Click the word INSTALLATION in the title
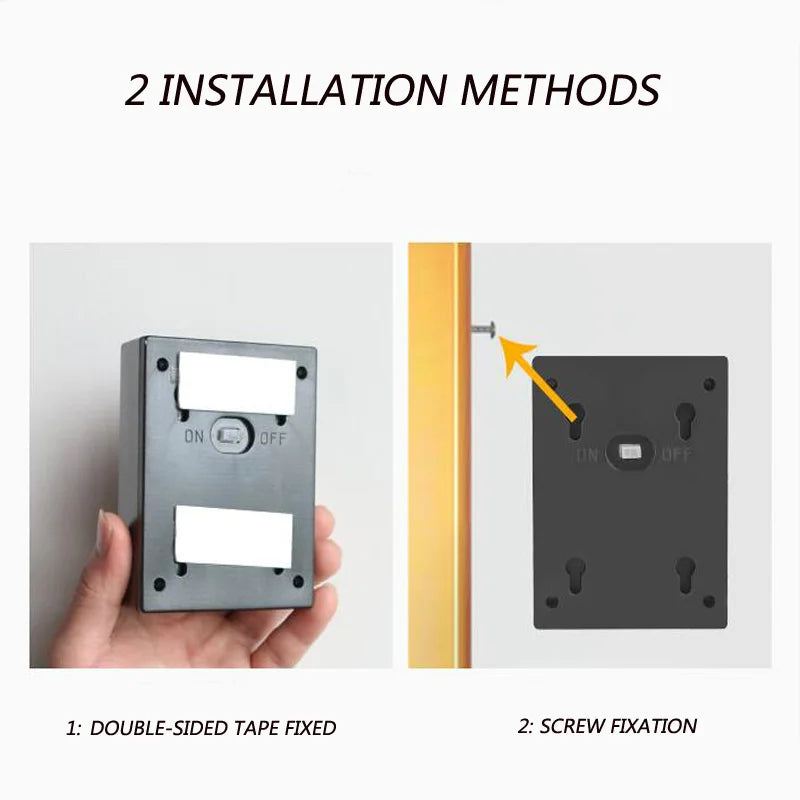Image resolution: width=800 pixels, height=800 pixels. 301,89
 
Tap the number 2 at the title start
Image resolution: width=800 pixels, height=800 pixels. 137,89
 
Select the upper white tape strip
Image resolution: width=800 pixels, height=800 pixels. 237,384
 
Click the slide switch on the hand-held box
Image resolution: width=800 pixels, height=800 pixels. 233,436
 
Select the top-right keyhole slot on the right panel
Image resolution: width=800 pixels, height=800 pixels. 686,421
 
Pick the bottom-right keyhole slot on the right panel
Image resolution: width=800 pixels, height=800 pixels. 686,575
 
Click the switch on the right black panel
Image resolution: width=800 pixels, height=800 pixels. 632,453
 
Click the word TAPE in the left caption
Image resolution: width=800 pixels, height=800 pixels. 256,728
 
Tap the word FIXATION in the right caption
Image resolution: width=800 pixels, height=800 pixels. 651,726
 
